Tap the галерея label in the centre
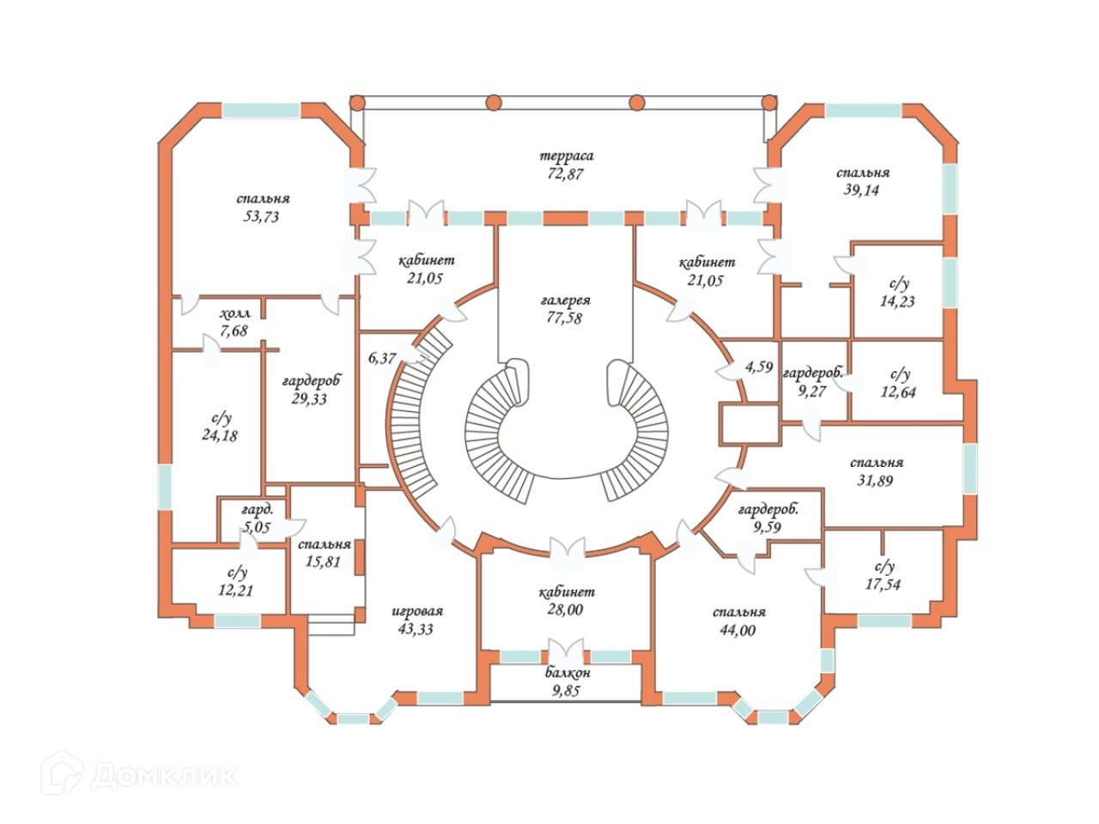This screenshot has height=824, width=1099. point(566,301)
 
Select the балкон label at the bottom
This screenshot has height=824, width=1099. point(567,673)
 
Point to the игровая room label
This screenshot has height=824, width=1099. point(417,611)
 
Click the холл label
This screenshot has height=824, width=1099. point(234,313)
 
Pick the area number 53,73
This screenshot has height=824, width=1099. point(261,217)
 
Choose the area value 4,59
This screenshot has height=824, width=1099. point(759,367)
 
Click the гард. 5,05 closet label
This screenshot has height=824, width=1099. point(257,510)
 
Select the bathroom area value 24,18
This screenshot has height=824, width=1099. point(220,435)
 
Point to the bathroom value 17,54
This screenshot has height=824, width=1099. point(883,585)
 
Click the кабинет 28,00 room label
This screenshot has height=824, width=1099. point(567,592)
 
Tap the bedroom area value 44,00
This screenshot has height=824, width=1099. point(738,630)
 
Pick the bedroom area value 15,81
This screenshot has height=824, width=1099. point(325,562)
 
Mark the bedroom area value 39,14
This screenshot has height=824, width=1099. point(863,191)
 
